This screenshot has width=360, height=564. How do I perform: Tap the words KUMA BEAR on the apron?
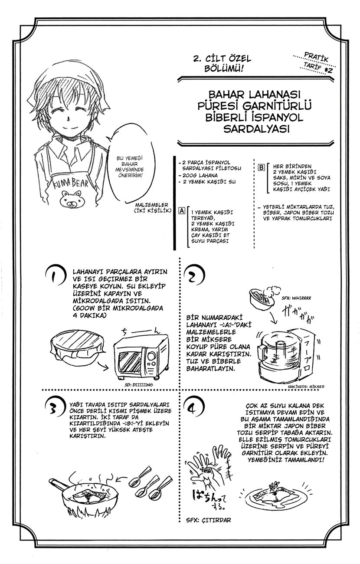pyautogui.click(x=71, y=183)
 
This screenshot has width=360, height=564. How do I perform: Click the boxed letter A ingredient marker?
pyautogui.click(x=182, y=210)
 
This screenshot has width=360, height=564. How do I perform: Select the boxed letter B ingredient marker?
pyautogui.click(x=262, y=167)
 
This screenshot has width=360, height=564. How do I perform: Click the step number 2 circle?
pyautogui.click(x=193, y=276)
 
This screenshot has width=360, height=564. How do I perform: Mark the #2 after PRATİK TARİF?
pyautogui.click(x=328, y=70)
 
